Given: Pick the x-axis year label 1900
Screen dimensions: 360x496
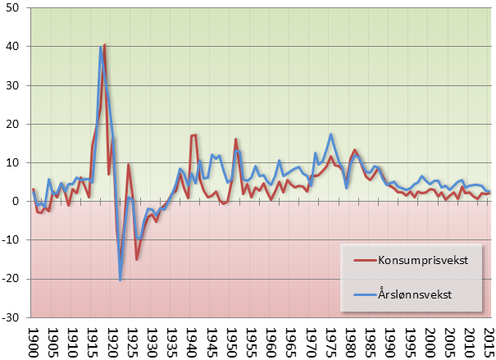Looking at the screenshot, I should click(x=34, y=341).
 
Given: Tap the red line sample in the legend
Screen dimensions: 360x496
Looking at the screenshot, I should click(x=361, y=260).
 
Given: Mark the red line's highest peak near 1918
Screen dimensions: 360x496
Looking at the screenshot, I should click(x=105, y=45).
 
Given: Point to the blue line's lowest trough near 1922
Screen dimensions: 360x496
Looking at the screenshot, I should click(x=121, y=280).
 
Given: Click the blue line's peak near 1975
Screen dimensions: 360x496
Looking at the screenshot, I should click(x=330, y=134).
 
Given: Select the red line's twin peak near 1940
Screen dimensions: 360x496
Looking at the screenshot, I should click(x=194, y=135).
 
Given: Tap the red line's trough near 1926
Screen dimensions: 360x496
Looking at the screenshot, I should click(x=136, y=259).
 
